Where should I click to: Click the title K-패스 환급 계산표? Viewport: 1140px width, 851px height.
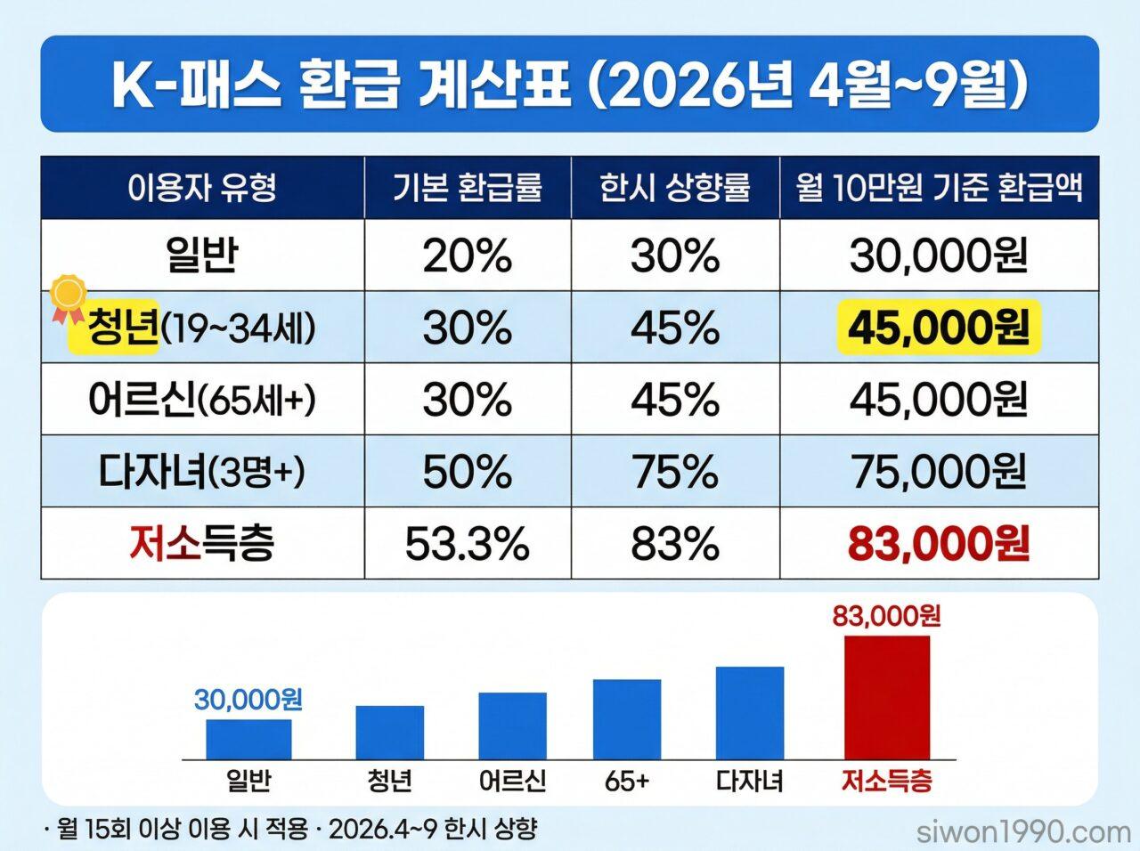point(570,85)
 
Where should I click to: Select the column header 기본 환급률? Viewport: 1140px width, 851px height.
point(468,188)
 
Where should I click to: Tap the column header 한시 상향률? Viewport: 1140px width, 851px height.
point(675,188)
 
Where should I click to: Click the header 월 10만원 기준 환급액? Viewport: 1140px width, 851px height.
point(940,188)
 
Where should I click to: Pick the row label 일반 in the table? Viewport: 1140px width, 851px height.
point(202,256)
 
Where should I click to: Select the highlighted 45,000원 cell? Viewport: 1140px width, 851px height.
point(939,328)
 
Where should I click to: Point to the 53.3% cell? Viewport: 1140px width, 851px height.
point(468,543)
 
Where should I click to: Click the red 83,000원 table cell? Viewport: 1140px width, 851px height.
point(939,543)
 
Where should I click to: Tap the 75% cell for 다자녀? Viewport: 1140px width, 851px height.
point(675,472)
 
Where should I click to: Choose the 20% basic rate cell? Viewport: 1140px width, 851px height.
point(468,256)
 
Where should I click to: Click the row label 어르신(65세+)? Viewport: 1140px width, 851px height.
point(202,401)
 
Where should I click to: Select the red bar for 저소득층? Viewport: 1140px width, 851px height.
point(886,697)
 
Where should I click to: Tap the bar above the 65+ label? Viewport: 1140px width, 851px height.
point(627,719)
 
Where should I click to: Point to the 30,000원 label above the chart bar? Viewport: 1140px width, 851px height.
point(248,700)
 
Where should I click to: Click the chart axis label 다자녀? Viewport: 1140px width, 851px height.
point(749,782)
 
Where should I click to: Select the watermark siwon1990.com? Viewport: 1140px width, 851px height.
point(1023,832)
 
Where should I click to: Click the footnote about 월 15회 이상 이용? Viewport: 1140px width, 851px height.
point(290,831)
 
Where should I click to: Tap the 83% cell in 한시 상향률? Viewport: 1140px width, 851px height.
point(675,543)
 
